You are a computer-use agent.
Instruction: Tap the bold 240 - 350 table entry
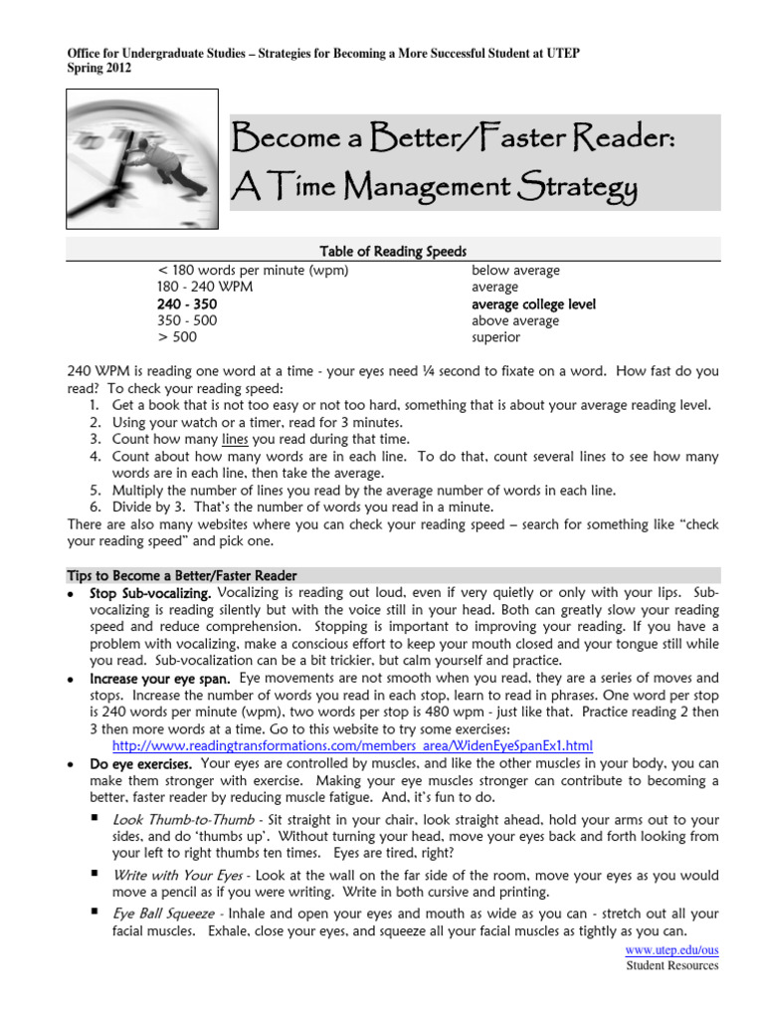click(186, 305)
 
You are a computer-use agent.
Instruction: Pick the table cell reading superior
click(495, 338)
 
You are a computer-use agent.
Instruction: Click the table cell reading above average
click(515, 321)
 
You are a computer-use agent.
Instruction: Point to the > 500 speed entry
click(178, 338)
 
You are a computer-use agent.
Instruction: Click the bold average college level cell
click(533, 305)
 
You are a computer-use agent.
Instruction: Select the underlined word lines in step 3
click(234, 439)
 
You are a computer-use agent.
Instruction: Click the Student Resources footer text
click(671, 965)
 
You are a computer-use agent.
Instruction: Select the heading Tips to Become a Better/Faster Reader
click(181, 576)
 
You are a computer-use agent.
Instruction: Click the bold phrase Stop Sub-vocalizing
click(150, 593)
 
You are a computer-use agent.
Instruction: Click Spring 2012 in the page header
click(97, 69)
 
